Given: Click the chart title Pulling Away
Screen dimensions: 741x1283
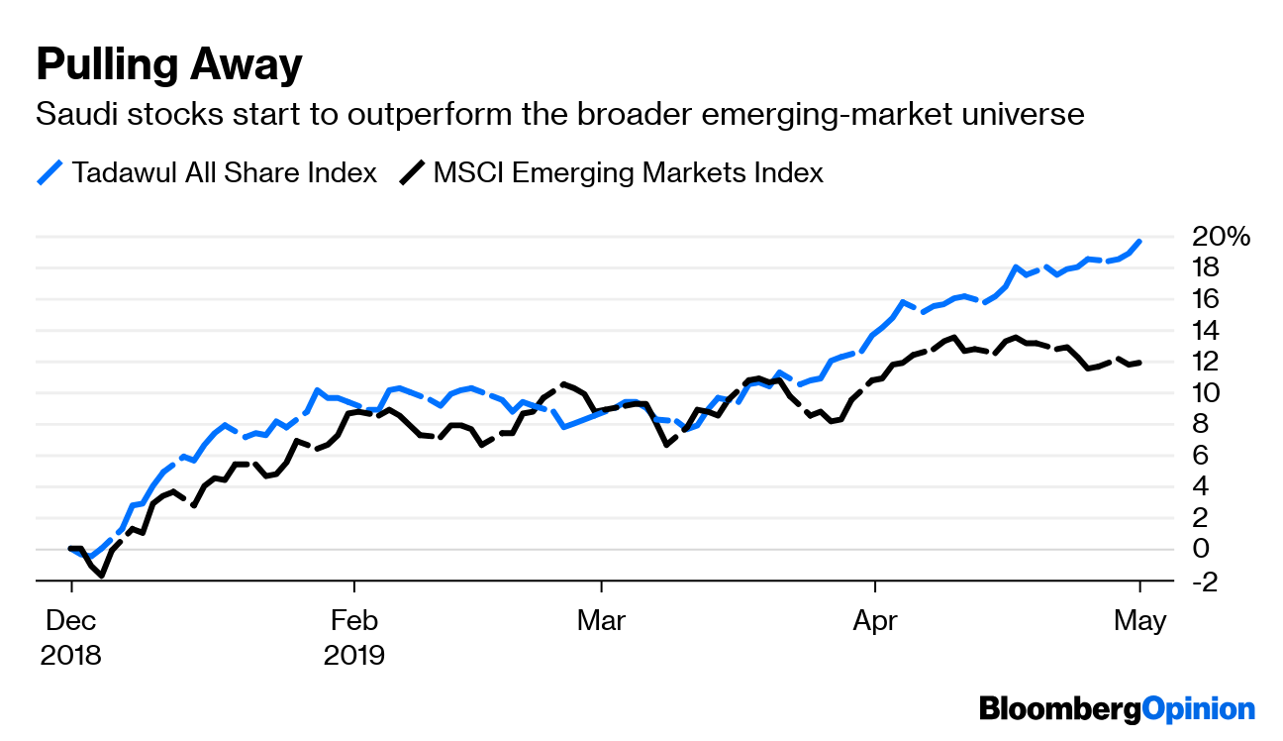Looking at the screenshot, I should (x=168, y=65).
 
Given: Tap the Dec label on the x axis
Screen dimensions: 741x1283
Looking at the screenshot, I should (x=71, y=622).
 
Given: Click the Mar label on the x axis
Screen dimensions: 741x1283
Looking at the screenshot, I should (x=601, y=622).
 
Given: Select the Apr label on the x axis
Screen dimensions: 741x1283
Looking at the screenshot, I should (x=875, y=622).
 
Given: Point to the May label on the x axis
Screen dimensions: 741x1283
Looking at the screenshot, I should (x=1140, y=622).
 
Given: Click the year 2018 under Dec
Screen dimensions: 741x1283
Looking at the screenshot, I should (x=71, y=655).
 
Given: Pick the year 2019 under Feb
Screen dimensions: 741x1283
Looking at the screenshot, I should (x=354, y=655).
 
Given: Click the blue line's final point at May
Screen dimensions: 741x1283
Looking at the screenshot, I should (x=1140, y=240).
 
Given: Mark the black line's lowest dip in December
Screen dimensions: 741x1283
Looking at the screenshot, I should (x=101, y=575).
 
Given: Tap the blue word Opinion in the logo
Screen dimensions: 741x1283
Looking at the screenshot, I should (x=1198, y=709).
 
